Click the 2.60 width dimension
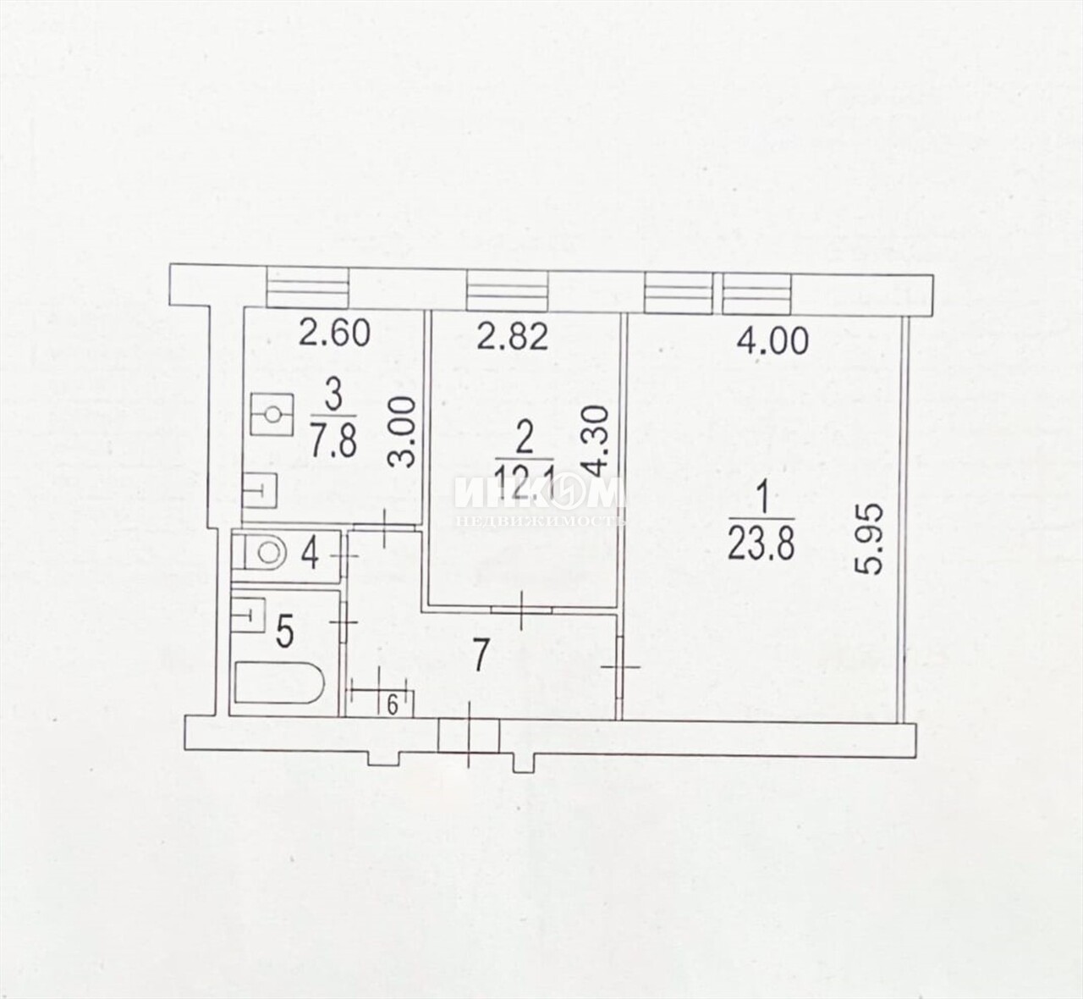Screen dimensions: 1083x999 point(334,334)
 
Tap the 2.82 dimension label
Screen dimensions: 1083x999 point(512,337)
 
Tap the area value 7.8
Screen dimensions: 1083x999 point(333,441)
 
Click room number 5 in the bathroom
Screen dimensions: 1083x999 point(285,632)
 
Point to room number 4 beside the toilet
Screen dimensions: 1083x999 point(311,555)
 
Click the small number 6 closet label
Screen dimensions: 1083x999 point(392,706)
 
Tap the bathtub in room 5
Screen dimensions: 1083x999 point(280,682)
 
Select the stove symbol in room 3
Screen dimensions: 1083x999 point(272,414)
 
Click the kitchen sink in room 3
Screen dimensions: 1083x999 point(260,490)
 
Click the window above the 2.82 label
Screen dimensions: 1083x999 point(507,291)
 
